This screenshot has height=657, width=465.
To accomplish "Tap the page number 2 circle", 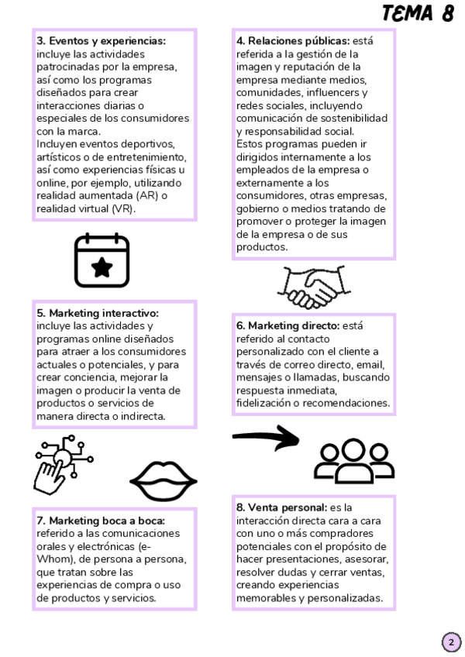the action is point(451,642).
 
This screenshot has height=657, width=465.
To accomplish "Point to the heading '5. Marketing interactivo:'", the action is point(98,313).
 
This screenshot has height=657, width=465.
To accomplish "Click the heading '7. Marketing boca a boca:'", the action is point(101,521).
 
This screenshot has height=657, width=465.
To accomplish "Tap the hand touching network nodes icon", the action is point(62,464).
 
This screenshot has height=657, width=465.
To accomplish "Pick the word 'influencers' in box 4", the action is point(337,92).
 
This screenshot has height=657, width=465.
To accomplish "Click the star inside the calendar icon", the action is point(102,267).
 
